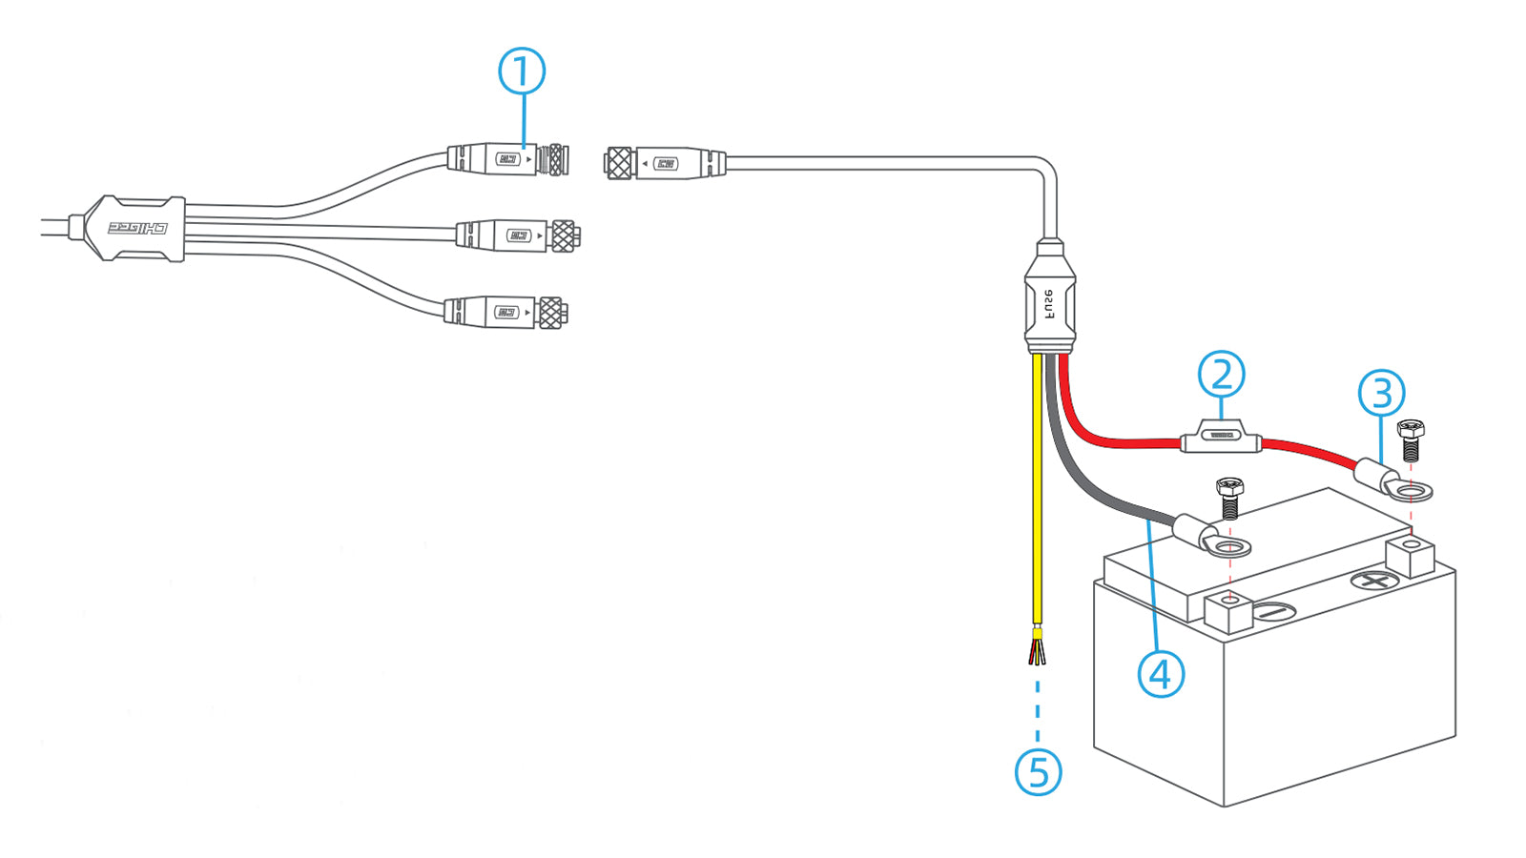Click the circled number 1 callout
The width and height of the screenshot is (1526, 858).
pyautogui.click(x=522, y=72)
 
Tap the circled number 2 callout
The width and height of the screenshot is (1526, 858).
pyautogui.click(x=1222, y=375)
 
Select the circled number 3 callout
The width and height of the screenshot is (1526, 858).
pyautogui.click(x=1382, y=394)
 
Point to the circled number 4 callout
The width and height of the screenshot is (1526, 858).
pyautogui.click(x=1161, y=674)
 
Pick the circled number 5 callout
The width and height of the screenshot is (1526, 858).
pyautogui.click(x=1038, y=771)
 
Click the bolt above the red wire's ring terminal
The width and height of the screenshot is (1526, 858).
pyautogui.click(x=1410, y=439)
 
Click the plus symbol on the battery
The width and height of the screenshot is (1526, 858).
pyautogui.click(x=1374, y=580)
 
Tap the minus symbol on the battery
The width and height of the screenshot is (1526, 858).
pyautogui.click(x=1272, y=612)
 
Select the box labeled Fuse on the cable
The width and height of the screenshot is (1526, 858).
pyautogui.click(x=1050, y=305)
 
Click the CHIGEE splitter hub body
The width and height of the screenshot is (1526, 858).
pyautogui.click(x=134, y=229)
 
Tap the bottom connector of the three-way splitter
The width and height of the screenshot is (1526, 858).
pyautogui.click(x=505, y=312)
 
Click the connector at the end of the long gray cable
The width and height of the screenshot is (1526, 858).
pyautogui.click(x=665, y=164)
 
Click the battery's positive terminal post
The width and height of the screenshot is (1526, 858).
pyautogui.click(x=1411, y=555)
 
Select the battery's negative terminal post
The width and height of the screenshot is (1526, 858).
pyautogui.click(x=1229, y=610)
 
